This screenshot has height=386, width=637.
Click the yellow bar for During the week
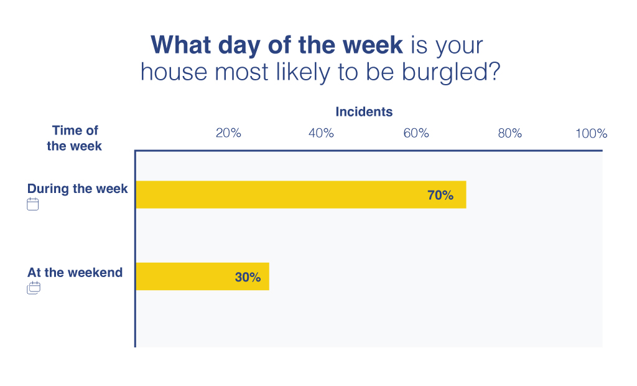[301, 194]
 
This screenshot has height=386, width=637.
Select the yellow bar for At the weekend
[203, 276]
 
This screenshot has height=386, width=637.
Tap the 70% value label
[440, 195]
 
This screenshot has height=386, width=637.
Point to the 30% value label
[248, 277]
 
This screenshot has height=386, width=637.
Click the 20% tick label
[228, 133]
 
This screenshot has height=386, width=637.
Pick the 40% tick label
[321, 133]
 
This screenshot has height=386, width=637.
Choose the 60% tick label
[416, 133]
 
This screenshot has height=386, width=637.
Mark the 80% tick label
[510, 133]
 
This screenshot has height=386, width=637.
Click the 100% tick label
[591, 133]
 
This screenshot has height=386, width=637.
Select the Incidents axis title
[364, 111]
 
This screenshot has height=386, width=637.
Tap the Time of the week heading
[75, 138]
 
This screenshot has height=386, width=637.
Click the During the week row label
[77, 189]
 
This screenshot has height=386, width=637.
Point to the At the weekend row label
[75, 273]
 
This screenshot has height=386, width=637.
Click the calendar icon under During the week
[33, 204]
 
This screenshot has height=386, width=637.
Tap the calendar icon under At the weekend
[34, 288]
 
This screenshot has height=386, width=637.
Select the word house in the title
[174, 72]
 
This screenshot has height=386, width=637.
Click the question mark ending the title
[494, 71]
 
